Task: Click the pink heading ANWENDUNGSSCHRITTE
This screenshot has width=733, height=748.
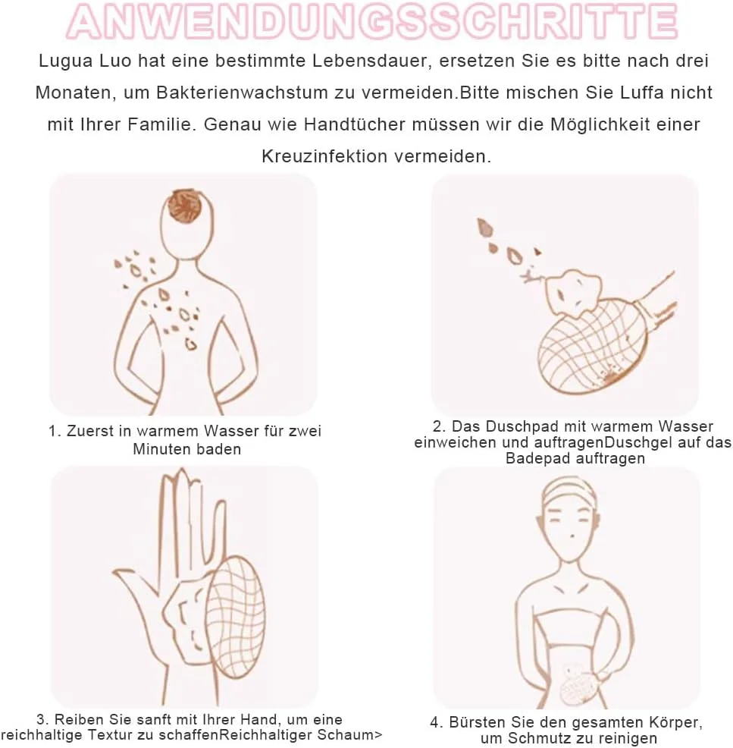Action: [x=371, y=21]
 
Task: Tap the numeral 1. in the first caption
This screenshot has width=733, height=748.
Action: [x=55, y=431]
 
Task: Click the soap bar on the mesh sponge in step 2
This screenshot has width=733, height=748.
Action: [x=574, y=294]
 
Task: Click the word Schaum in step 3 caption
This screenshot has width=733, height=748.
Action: [x=351, y=734]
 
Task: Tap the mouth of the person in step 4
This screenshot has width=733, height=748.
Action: [x=571, y=537]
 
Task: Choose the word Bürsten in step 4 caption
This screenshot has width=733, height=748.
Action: [x=477, y=722]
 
